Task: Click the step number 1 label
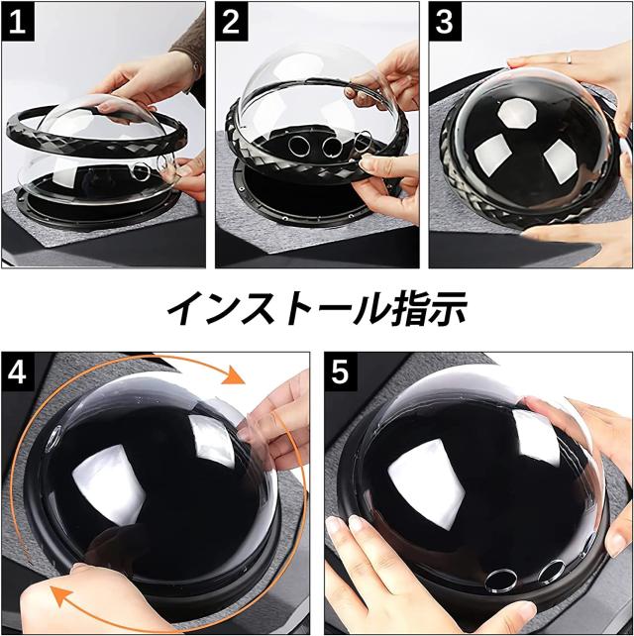[x=18, y=22]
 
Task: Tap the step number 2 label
[x=232, y=22]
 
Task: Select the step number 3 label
[x=445, y=22]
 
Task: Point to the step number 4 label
[x=18, y=372]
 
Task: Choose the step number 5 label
[x=340, y=372]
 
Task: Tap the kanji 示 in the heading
[x=447, y=309]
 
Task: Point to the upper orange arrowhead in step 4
[x=235, y=374]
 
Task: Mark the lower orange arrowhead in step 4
[x=60, y=596]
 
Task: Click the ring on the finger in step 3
[x=569, y=58]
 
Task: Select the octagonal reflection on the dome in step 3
[x=517, y=115]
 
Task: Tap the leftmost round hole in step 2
[x=298, y=146]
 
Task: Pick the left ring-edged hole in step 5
[x=500, y=580]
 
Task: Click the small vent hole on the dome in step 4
[x=53, y=439]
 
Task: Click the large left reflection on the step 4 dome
[x=110, y=484]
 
